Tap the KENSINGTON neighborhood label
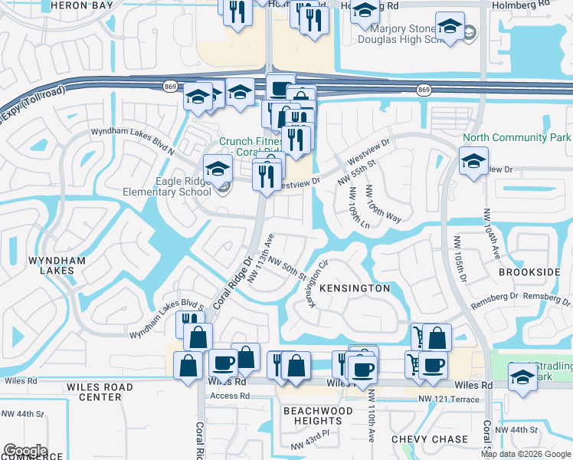tap(355, 288)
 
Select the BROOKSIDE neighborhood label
tap(529, 272)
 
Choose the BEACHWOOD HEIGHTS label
tap(318, 416)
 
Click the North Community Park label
tap(516, 138)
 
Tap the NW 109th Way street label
tap(383, 204)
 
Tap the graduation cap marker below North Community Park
tap(473, 161)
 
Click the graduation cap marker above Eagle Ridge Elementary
tap(217, 167)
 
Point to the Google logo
tap(25, 450)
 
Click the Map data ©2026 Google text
tap(525, 454)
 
